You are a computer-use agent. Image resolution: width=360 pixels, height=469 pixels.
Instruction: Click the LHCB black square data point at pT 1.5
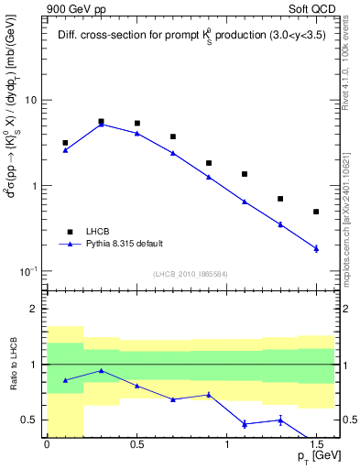[316, 212]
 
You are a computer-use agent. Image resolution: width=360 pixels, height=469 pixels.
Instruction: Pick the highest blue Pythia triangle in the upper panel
[101, 124]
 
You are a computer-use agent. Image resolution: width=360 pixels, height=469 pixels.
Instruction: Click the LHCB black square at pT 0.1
[65, 143]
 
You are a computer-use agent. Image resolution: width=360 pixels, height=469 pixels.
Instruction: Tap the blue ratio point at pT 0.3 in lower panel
[101, 370]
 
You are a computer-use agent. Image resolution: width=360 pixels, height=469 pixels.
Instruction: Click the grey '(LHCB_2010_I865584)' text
[191, 274]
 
